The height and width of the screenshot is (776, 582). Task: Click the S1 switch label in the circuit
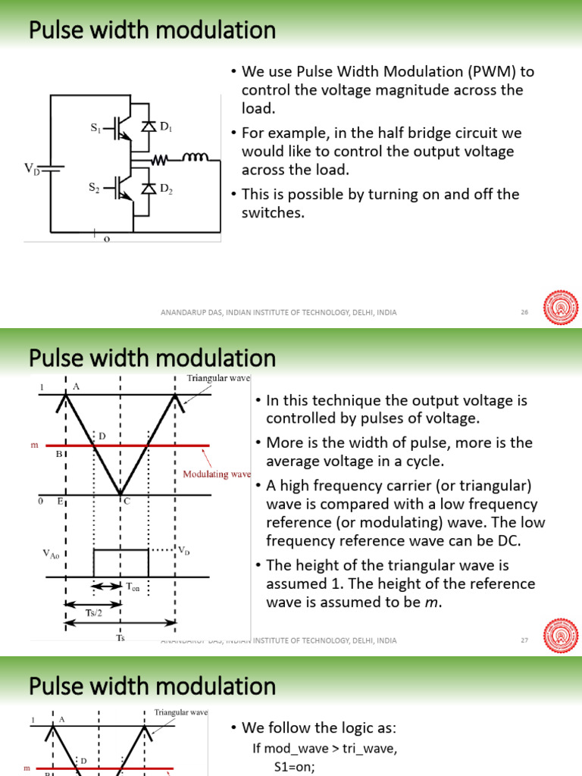pyautogui.click(x=95, y=130)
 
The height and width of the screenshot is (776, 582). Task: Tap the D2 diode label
pyautogui.click(x=166, y=192)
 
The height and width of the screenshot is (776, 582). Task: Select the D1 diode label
pyautogui.click(x=166, y=130)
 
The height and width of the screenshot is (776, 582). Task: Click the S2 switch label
pyautogui.click(x=95, y=186)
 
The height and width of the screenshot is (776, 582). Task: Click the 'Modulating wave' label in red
pyautogui.click(x=217, y=474)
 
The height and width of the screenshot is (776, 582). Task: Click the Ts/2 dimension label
pyautogui.click(x=94, y=612)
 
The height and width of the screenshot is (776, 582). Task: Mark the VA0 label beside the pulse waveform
pyautogui.click(x=53, y=554)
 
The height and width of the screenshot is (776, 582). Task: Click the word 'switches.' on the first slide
pyautogui.click(x=273, y=213)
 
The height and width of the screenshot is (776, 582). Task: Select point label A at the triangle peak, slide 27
pyautogui.click(x=76, y=386)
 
